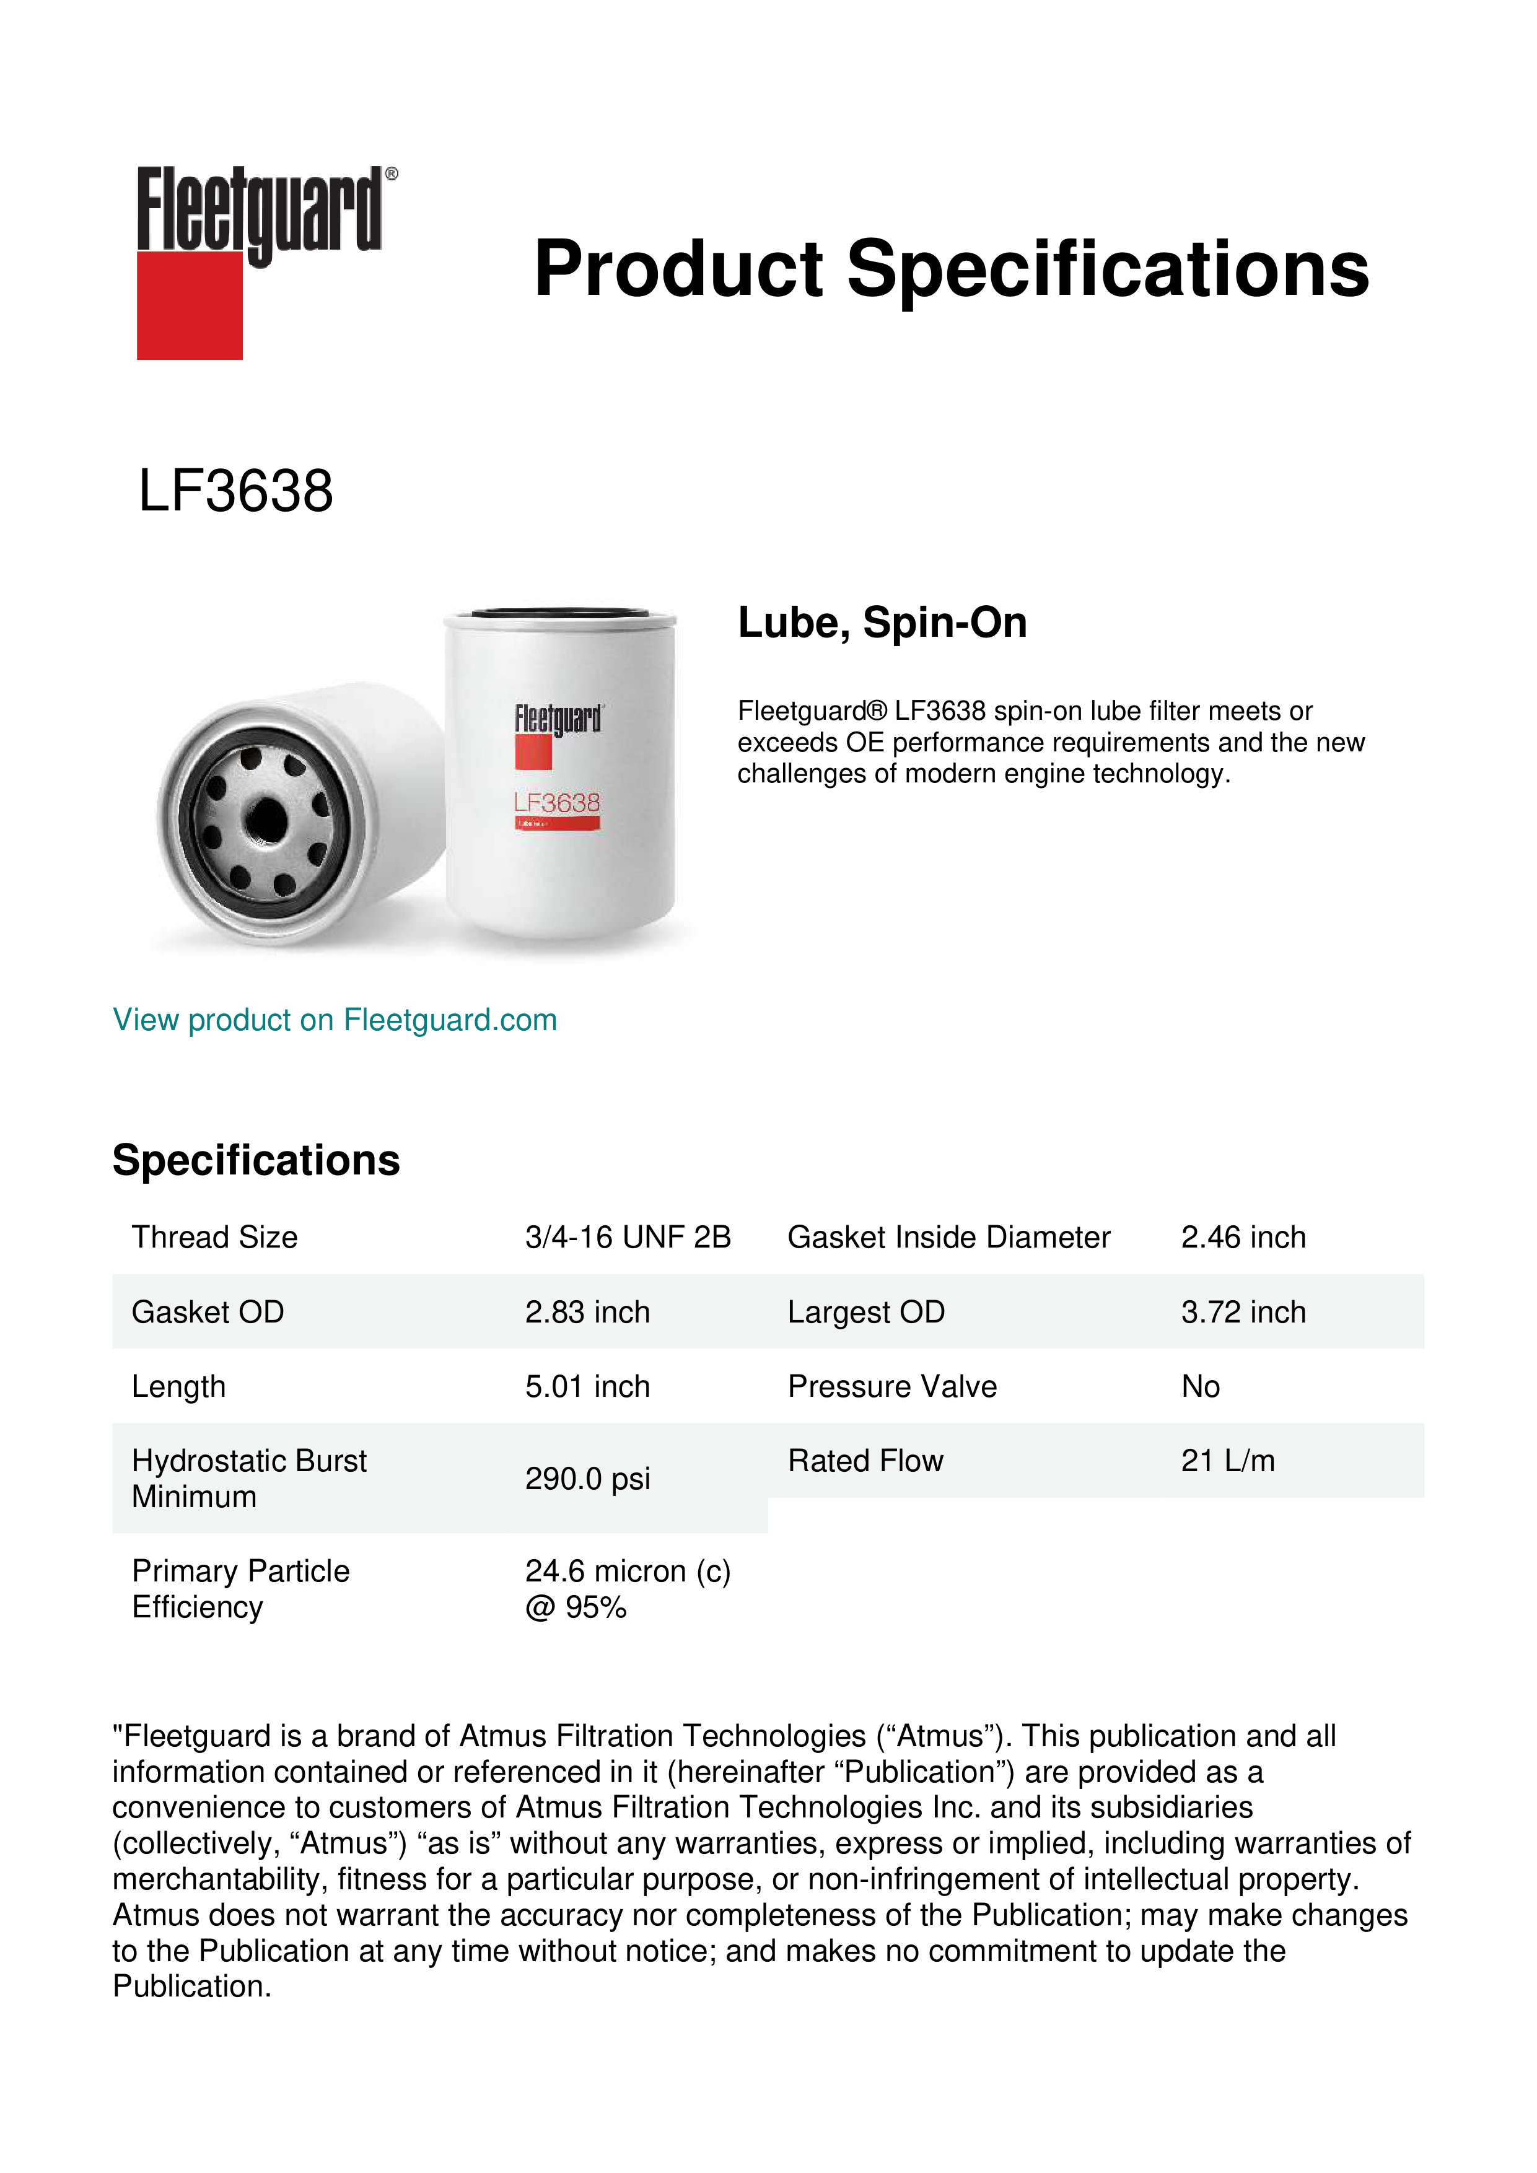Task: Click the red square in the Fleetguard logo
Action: tap(190, 305)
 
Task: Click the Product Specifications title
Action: tap(951, 269)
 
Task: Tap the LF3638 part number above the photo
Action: tap(235, 491)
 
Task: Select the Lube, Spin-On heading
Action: tap(882, 623)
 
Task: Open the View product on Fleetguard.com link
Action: tap(334, 1020)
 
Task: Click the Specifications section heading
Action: tap(255, 1160)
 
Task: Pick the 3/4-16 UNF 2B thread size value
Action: tap(628, 1237)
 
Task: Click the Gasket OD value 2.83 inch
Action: tap(587, 1312)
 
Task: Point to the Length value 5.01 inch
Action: tap(587, 1386)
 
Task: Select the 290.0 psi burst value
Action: tap(587, 1479)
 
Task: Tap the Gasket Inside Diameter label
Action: tap(948, 1237)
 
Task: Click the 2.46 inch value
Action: tap(1243, 1237)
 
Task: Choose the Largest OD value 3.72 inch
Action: tap(1243, 1312)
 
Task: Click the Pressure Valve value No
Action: tap(1200, 1386)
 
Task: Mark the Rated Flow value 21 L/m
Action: tap(1227, 1461)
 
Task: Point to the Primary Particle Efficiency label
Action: tap(240, 1589)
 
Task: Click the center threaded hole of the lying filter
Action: tap(268, 817)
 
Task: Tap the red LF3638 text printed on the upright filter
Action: tap(556, 803)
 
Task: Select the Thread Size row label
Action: tap(215, 1237)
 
